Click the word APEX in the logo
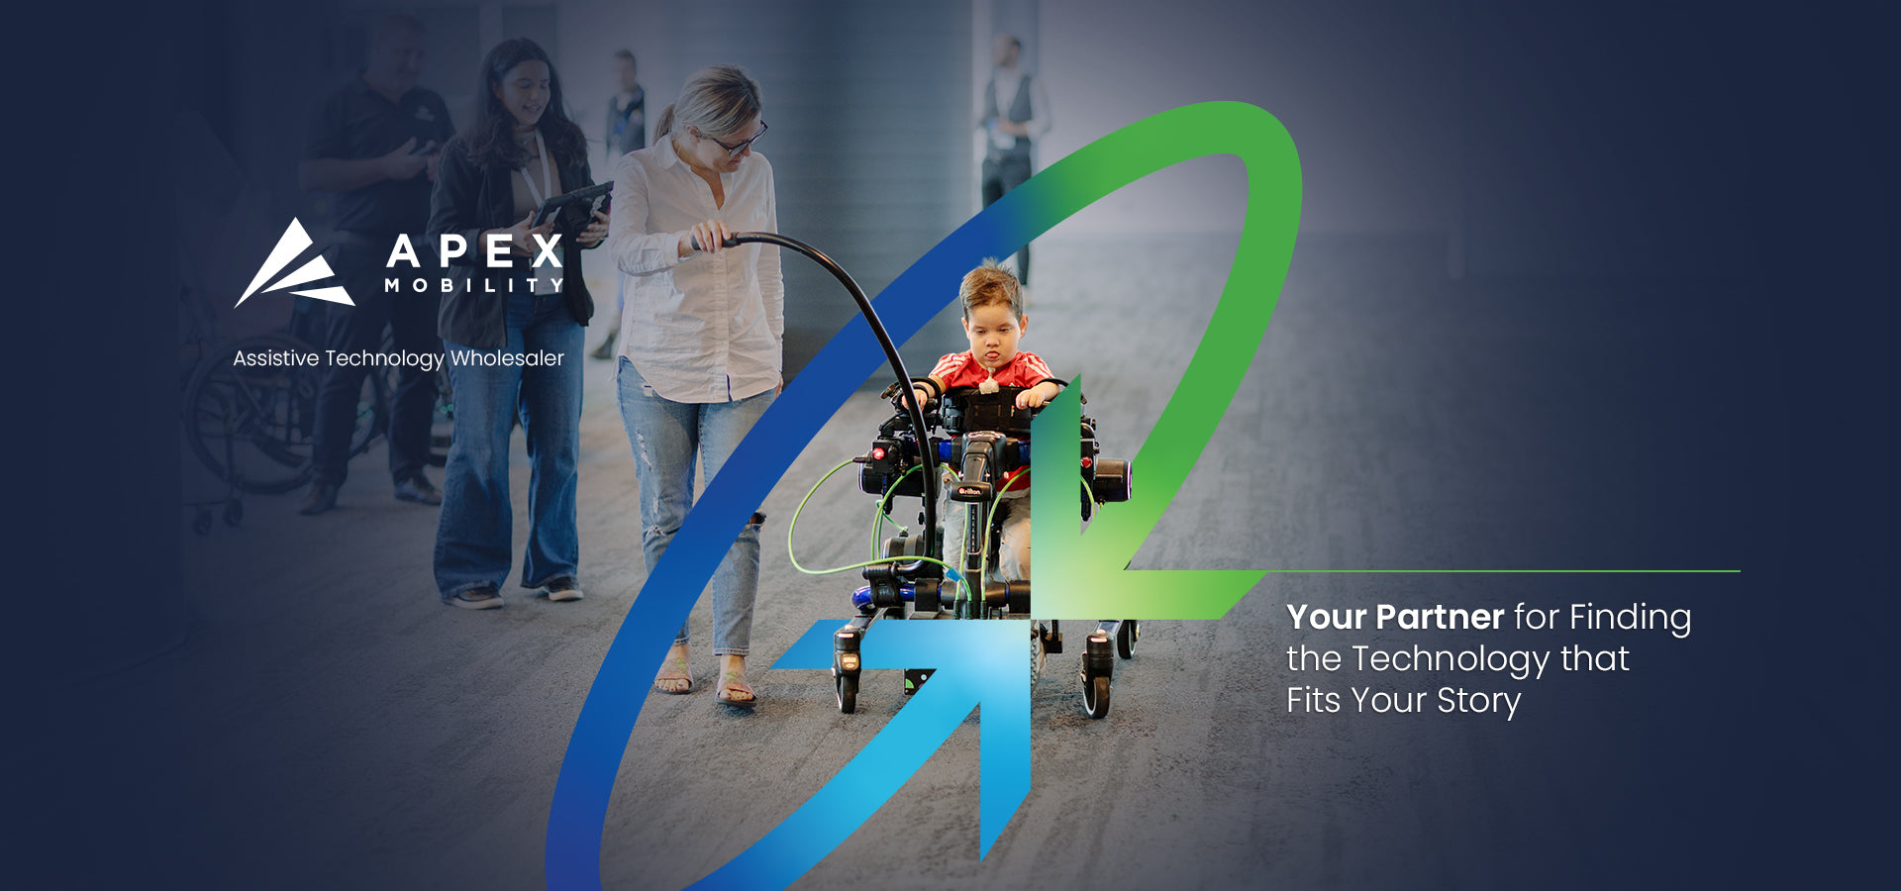[x=475, y=251]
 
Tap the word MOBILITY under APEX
[x=474, y=285]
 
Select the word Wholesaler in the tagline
[x=507, y=358]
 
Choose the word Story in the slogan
[x=1478, y=701]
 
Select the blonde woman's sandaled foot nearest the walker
[x=736, y=682]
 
